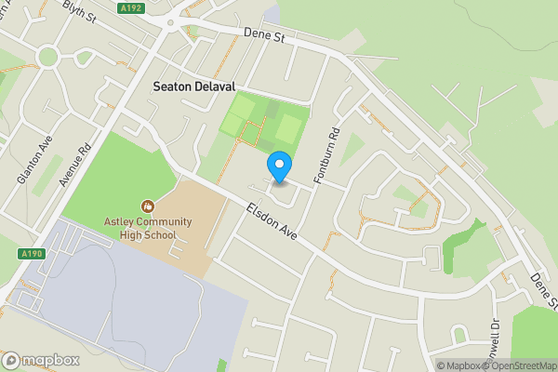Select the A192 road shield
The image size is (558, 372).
(132, 7)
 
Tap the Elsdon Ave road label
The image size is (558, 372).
(272, 223)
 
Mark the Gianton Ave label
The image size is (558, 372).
(26, 166)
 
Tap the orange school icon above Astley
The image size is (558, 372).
(146, 205)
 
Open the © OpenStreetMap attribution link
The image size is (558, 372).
(525, 365)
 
